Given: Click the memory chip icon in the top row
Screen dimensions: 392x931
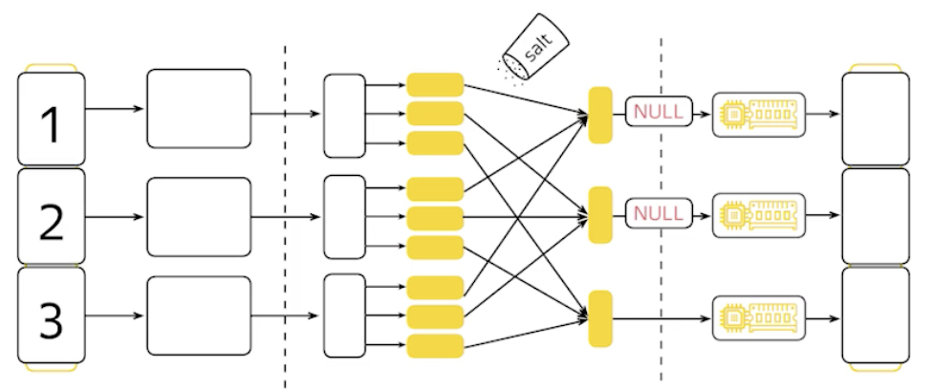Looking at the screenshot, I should click(x=759, y=114).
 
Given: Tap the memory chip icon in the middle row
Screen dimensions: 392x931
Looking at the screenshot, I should click(x=759, y=211).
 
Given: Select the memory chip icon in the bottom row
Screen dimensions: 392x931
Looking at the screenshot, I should click(x=759, y=313).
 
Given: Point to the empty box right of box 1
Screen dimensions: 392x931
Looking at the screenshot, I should click(x=199, y=108).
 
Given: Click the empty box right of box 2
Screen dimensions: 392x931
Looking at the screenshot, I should click(x=199, y=217).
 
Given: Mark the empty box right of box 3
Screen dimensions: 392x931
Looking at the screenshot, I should click(x=199, y=316).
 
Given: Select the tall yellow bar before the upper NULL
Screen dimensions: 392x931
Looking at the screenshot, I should click(x=600, y=115).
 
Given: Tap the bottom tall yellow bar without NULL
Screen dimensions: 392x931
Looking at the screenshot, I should click(x=600, y=318).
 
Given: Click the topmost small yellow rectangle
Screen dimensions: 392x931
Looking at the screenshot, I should click(x=435, y=84).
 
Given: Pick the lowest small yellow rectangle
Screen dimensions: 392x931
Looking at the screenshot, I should click(x=435, y=345).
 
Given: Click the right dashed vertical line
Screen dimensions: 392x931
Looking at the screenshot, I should click(x=661, y=268).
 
